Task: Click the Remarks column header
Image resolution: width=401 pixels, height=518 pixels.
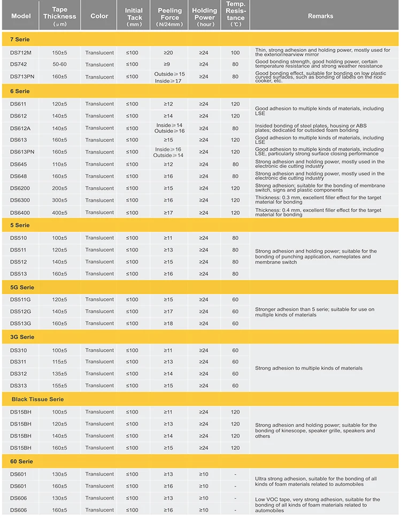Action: point(320,16)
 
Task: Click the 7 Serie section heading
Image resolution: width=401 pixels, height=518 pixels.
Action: point(20,40)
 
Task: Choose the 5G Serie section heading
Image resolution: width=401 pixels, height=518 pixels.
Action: point(22,288)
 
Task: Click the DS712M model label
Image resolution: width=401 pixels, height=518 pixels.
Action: point(21,53)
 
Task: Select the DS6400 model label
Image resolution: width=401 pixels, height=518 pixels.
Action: point(20,213)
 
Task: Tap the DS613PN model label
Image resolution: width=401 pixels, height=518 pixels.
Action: point(22,152)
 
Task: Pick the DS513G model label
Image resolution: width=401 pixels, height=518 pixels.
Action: point(21,323)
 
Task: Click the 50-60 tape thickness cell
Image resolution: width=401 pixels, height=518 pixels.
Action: point(59,65)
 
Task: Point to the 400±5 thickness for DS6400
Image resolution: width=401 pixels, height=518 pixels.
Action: point(59,213)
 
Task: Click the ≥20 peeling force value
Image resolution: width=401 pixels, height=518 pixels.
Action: point(168,53)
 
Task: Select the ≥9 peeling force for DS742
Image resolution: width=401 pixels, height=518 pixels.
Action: point(168,65)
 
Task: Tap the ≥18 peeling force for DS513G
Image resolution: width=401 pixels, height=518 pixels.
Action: point(168,323)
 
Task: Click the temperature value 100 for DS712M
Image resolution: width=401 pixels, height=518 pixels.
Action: point(235,53)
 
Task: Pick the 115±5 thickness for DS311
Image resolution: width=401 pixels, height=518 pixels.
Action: point(59,362)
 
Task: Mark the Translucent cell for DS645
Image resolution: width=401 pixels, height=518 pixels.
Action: point(99,164)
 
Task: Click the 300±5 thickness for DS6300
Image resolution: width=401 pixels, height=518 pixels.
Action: point(59,200)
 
